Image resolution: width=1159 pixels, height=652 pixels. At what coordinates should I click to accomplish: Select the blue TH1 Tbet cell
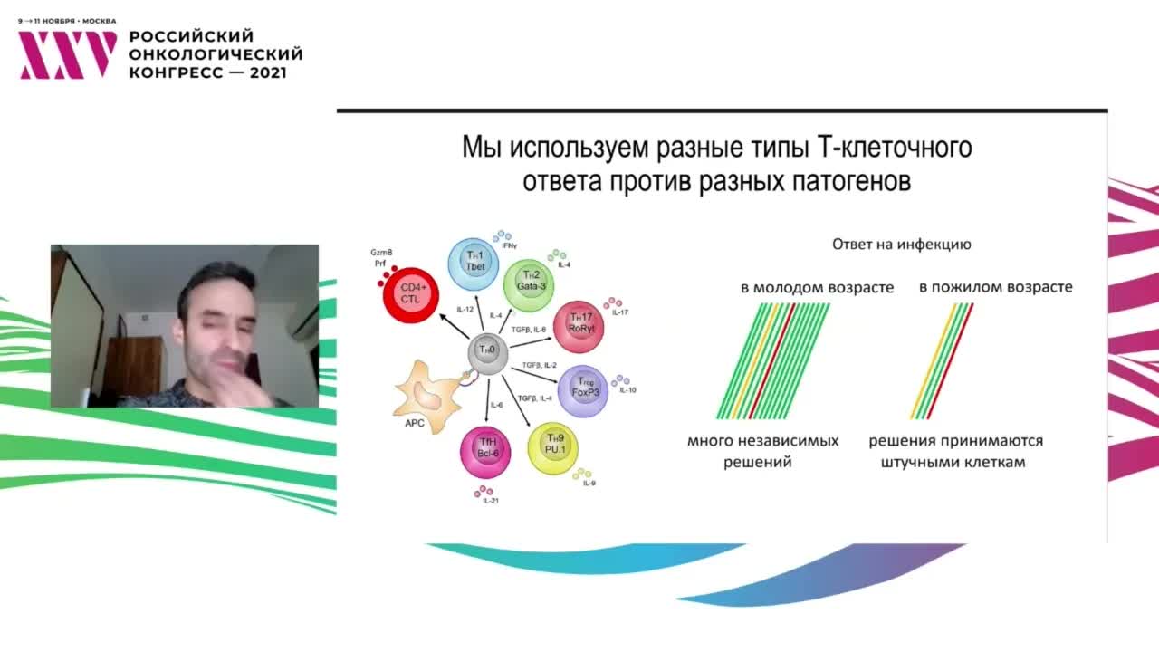[474, 263]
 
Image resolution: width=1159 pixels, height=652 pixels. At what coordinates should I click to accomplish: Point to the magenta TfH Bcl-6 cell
[486, 448]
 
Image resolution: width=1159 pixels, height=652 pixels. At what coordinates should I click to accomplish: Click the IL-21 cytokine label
[490, 501]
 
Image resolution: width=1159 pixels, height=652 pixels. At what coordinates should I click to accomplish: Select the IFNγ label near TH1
[508, 245]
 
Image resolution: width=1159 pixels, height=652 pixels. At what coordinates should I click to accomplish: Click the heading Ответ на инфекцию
[901, 244]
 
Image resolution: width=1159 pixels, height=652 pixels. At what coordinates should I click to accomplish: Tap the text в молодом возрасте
[817, 288]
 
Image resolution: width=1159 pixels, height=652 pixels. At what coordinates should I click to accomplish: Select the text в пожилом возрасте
[995, 287]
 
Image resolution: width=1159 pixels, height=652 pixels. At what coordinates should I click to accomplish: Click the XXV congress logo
[68, 54]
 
